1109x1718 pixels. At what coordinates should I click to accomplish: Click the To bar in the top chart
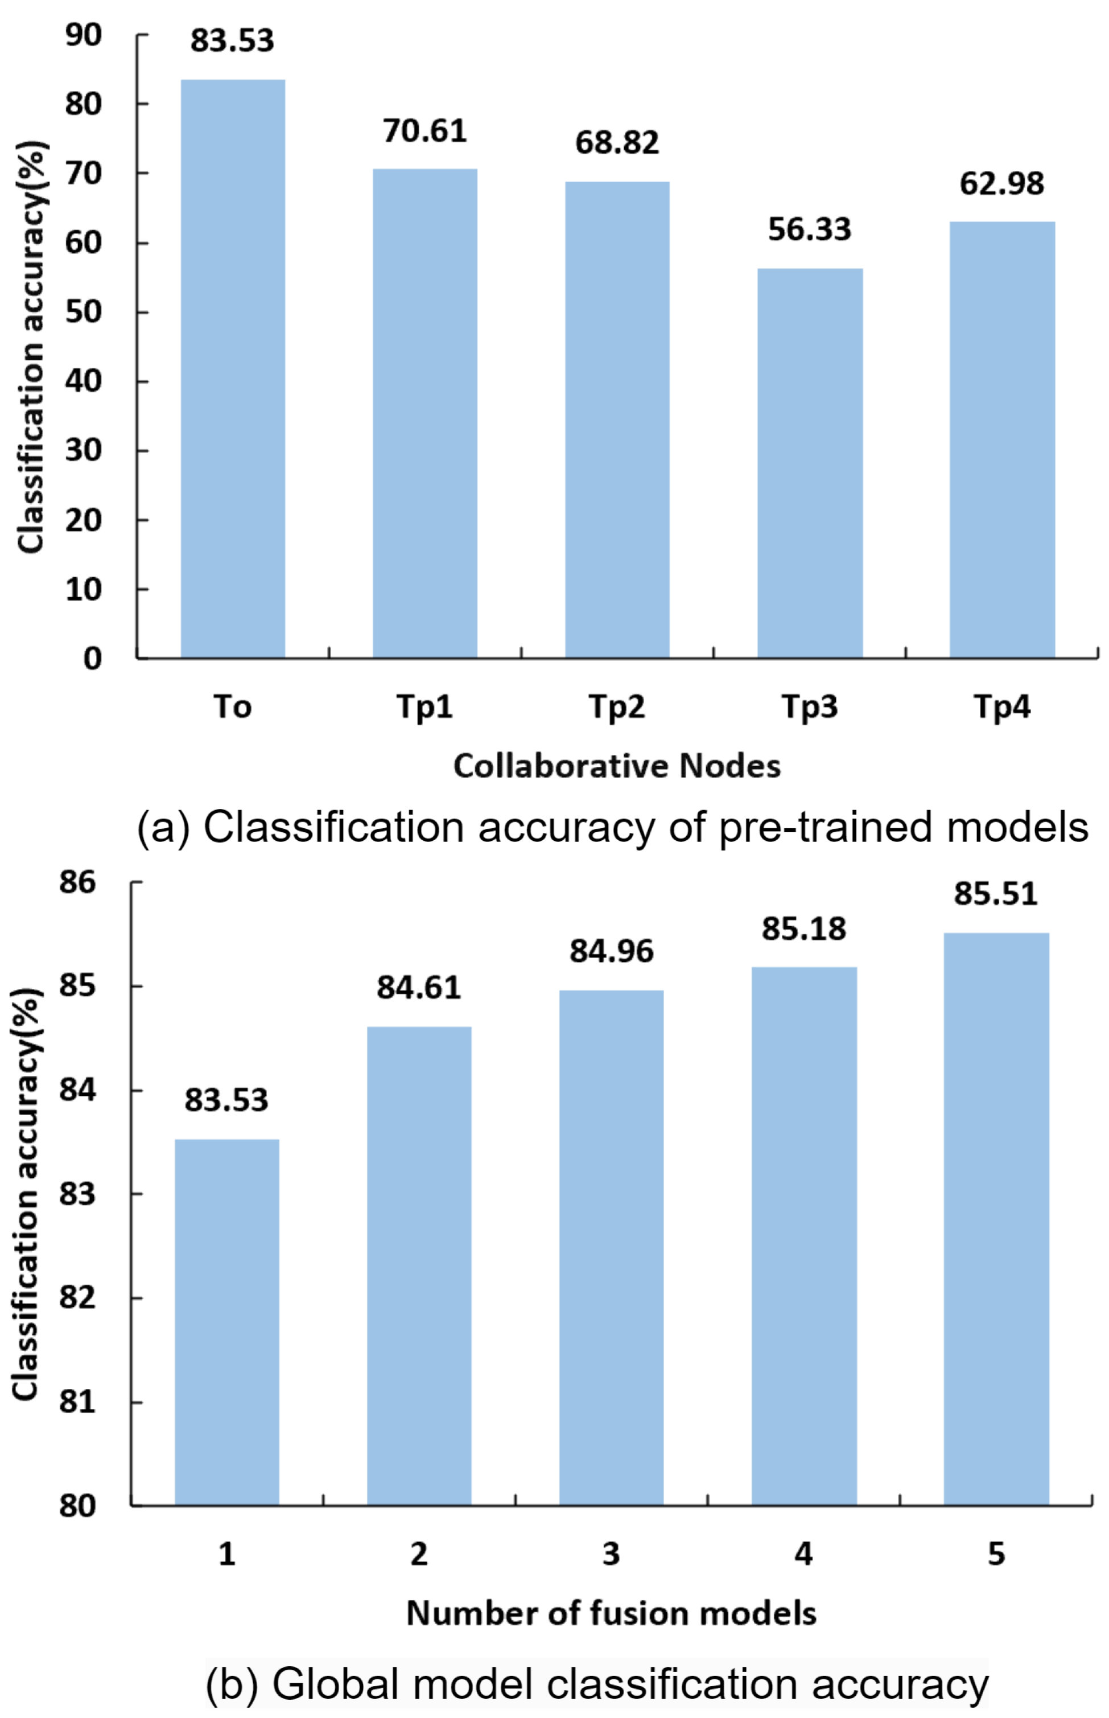pyautogui.click(x=233, y=368)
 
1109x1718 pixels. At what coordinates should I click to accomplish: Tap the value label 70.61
pyautogui.click(x=425, y=131)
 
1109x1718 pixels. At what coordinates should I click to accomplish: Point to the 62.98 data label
pyautogui.click(x=1001, y=184)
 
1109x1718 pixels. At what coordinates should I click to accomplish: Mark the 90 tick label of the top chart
pyautogui.click(x=84, y=35)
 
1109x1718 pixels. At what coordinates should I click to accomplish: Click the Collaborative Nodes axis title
pyautogui.click(x=617, y=766)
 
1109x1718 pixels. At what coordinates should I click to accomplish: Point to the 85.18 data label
pyautogui.click(x=803, y=928)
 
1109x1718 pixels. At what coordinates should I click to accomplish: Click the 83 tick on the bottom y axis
pyautogui.click(x=78, y=1194)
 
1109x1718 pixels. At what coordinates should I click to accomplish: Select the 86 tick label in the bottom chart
pyautogui.click(x=78, y=882)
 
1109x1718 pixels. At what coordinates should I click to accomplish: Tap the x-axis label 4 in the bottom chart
pyautogui.click(x=803, y=1555)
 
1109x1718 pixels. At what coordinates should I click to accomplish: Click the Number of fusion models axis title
pyautogui.click(x=611, y=1614)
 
